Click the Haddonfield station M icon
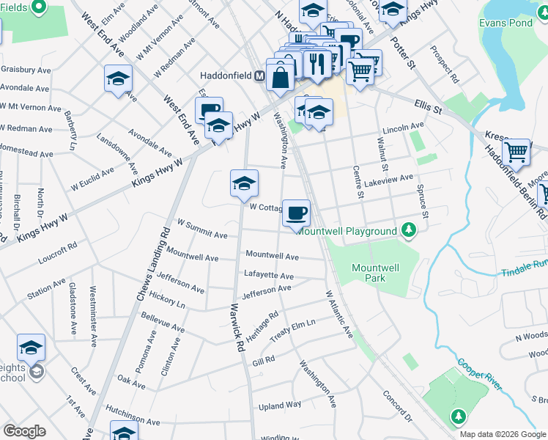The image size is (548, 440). pyautogui.click(x=259, y=76)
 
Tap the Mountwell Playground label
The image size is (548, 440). pyautogui.click(x=357, y=232)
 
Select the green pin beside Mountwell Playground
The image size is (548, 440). pyautogui.click(x=410, y=231)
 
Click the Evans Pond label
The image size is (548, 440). pyautogui.click(x=505, y=23)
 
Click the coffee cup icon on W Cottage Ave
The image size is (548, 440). pyautogui.click(x=296, y=213)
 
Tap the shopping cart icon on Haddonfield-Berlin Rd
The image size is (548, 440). pyautogui.click(x=516, y=152)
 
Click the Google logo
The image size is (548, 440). pyautogui.click(x=24, y=431)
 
